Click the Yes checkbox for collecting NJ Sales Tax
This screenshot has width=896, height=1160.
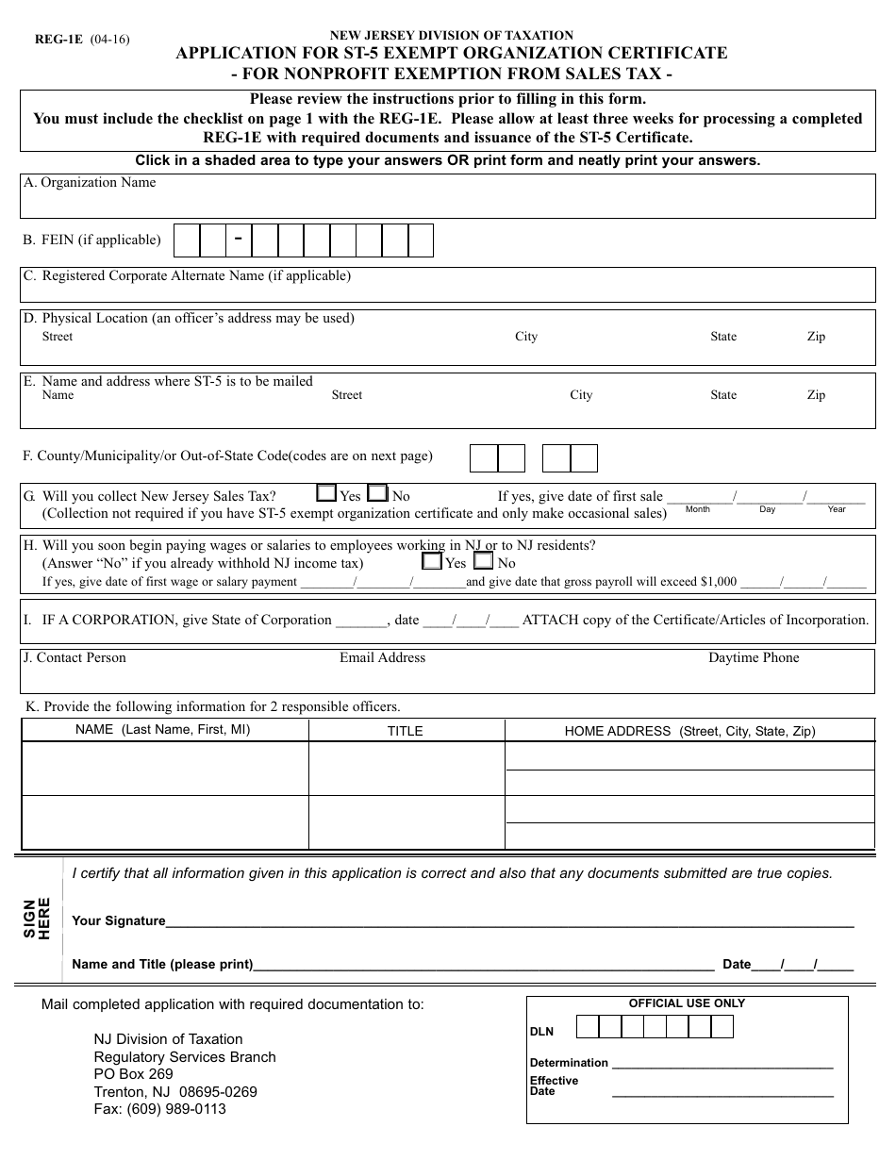tap(326, 492)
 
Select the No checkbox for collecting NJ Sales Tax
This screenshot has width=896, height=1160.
tap(377, 492)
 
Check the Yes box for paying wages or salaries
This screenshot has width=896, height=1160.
tap(432, 561)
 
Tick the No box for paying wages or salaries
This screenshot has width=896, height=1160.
tap(483, 561)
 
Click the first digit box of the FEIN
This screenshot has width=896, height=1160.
tap(188, 240)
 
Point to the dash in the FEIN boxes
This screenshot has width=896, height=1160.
tap(239, 239)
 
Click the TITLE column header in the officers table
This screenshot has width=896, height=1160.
tap(406, 731)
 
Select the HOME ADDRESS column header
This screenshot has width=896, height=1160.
tap(689, 731)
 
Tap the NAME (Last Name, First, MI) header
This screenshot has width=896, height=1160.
tap(163, 730)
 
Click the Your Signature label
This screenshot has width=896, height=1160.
tap(119, 921)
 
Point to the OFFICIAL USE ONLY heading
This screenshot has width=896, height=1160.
tap(687, 1003)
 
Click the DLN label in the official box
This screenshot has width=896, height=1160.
tap(541, 1032)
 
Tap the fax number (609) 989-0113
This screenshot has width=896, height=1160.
tap(159, 1109)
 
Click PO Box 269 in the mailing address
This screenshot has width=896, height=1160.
tap(133, 1074)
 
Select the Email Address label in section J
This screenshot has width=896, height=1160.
tap(382, 658)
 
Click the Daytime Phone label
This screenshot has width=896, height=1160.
tap(754, 658)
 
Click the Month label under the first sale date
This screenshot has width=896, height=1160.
tap(698, 509)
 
